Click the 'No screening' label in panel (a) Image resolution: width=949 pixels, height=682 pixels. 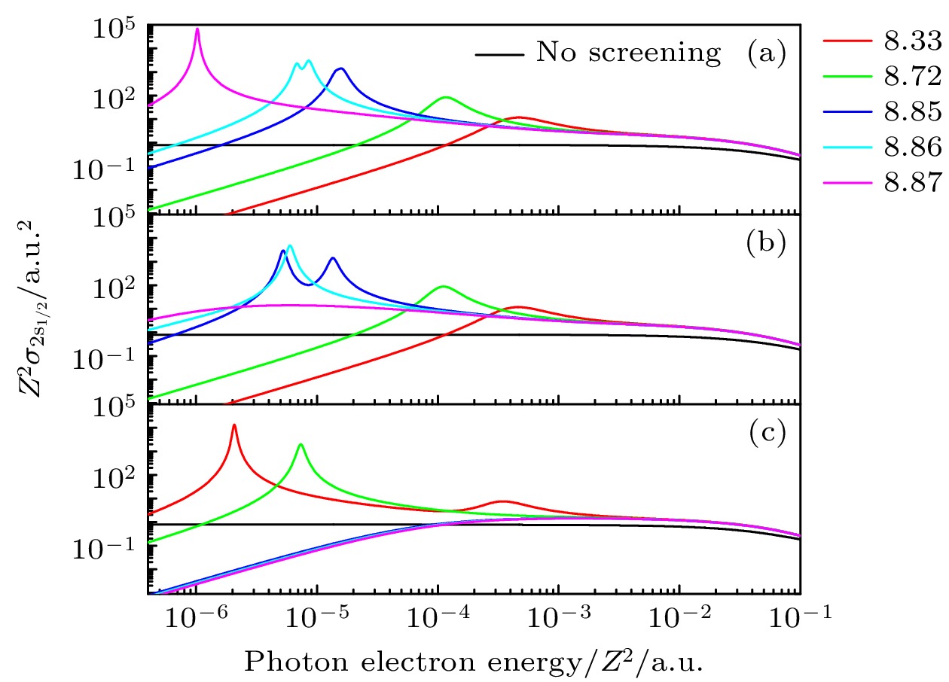click(x=627, y=53)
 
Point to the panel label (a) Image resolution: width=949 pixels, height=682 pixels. click(x=767, y=53)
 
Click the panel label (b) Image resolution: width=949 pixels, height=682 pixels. click(x=767, y=243)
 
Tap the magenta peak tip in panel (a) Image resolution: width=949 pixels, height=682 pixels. click(x=197, y=29)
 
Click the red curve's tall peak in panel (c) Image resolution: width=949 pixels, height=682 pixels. click(x=234, y=426)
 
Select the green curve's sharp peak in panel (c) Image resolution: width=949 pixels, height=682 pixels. click(x=301, y=445)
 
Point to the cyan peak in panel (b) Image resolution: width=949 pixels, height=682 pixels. click(x=289, y=246)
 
